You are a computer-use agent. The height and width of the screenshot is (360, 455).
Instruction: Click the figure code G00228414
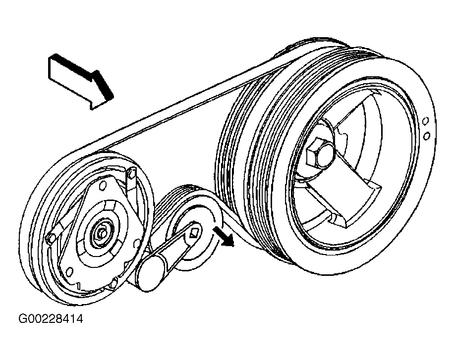[51, 319]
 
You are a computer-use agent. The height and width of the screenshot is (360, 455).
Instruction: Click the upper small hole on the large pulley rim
[426, 120]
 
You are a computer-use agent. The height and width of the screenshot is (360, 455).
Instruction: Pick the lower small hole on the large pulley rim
[427, 136]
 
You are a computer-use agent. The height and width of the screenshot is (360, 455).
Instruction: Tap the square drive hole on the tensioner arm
[193, 232]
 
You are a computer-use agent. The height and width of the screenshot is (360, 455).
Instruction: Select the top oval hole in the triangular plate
[103, 185]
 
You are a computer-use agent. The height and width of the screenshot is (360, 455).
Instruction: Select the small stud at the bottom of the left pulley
[113, 283]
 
